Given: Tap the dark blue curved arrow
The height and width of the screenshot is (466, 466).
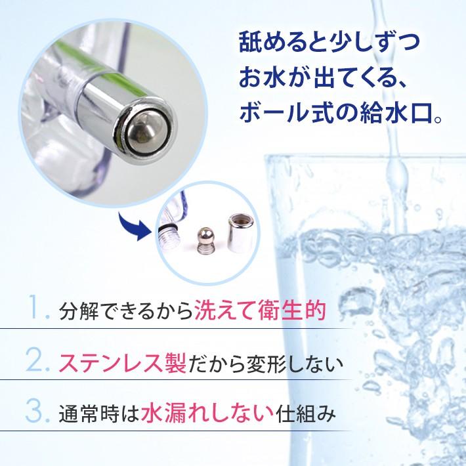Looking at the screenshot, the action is pos(133,226).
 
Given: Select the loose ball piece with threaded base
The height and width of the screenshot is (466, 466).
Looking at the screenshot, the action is pos(205,240).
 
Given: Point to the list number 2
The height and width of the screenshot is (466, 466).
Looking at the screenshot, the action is pos(38,360).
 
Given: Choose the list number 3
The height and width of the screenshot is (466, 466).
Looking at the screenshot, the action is pos(38,412).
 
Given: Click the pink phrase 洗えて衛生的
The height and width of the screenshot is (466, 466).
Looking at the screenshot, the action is pos(260,310).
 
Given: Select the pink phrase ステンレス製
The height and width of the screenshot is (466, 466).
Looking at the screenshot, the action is pos(123,362).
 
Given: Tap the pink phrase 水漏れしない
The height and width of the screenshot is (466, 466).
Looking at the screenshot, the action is pos(207,412).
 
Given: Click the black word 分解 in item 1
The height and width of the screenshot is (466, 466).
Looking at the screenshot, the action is pos(79,311).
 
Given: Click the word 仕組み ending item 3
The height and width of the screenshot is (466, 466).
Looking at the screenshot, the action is pos(306,413).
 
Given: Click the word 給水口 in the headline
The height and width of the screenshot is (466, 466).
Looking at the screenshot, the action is pos(396,114).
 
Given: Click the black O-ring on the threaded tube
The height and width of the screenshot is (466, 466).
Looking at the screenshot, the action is pos(167,228).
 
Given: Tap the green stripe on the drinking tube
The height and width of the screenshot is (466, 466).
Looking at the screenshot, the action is pos(98,66).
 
